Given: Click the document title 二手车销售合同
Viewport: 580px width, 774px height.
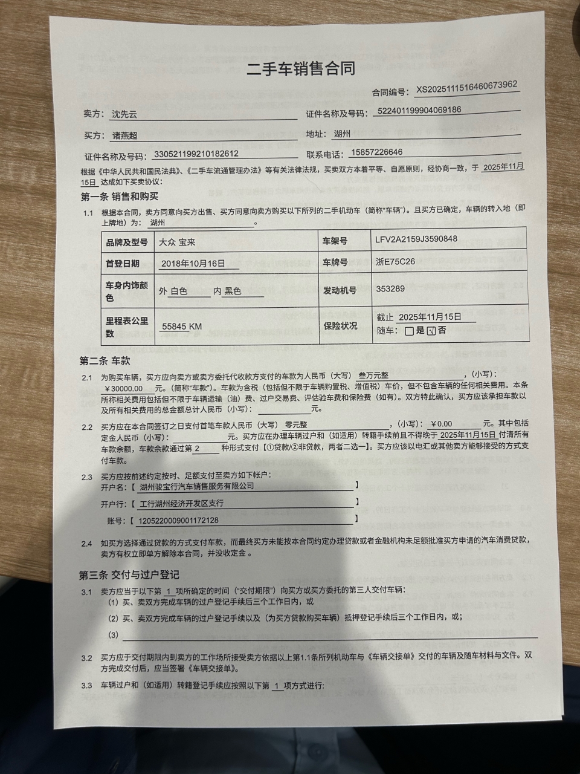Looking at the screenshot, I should tap(300, 68).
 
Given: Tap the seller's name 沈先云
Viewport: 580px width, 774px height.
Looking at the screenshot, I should tap(125, 114).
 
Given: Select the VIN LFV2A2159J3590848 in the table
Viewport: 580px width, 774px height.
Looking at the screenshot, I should tap(416, 239).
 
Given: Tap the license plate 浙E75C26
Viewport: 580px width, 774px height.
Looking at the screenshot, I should tap(395, 262).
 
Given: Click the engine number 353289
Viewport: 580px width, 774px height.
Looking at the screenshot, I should tap(390, 289).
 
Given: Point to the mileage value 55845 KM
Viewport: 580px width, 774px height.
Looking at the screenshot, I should tap(182, 327).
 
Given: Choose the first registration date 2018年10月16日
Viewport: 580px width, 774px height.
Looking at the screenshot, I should tap(193, 264).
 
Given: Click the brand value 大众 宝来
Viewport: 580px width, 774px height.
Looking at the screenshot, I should tap(176, 242).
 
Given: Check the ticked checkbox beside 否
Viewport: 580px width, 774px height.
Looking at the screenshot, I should tap(431, 331).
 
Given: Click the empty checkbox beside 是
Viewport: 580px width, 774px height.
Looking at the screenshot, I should tap(410, 331).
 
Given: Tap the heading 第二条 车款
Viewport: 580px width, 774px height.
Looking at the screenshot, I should tap(105, 361).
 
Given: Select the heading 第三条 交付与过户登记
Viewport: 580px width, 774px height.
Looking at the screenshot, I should tap(129, 574).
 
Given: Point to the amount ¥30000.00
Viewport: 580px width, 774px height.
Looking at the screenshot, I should tap(124, 388).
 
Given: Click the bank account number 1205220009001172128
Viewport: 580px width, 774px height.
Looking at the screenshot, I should tap(179, 520).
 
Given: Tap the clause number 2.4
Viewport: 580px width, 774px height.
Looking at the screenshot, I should tap(87, 544).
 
